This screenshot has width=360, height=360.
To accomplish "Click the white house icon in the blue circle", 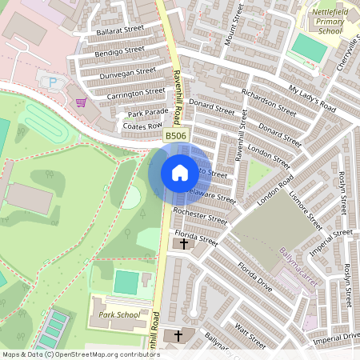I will coord(179,173).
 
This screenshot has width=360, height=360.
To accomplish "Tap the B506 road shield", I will coord(177,137).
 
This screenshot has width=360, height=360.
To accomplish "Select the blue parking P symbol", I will coord(54,82).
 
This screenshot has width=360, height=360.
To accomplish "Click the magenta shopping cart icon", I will coord(103,102).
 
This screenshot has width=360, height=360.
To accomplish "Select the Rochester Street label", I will coord(200,217).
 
